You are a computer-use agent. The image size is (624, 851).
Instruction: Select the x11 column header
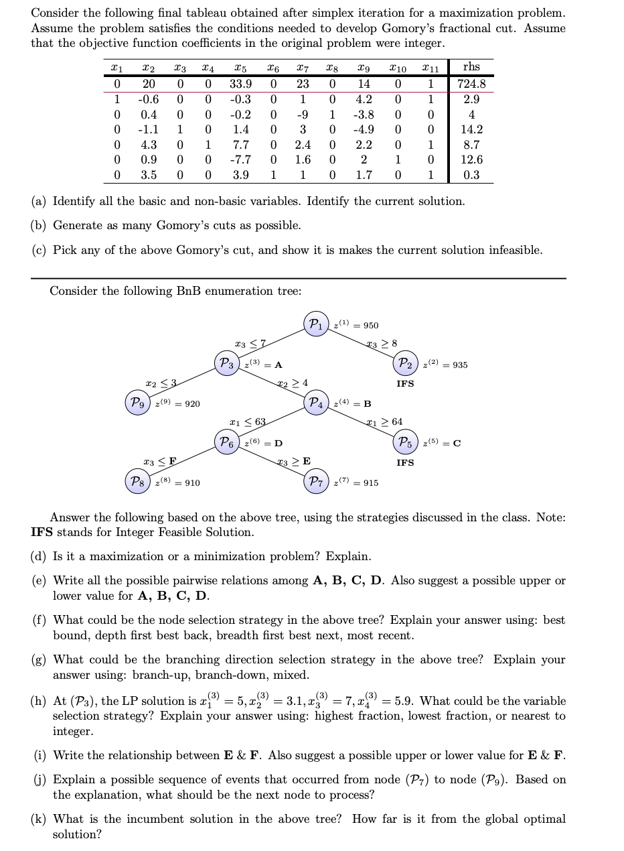pyautogui.click(x=431, y=68)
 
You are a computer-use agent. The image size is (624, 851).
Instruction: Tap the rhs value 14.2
pyautogui.click(x=471, y=130)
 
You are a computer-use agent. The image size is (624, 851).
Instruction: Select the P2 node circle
pyautogui.click(x=405, y=364)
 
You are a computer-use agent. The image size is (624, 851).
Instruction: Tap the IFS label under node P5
pyautogui.click(x=405, y=463)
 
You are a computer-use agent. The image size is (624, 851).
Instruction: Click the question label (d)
pyautogui.click(x=40, y=557)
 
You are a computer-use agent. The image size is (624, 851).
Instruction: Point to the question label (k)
pyautogui.click(x=40, y=820)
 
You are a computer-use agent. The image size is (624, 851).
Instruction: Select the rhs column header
pyautogui.click(x=471, y=67)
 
